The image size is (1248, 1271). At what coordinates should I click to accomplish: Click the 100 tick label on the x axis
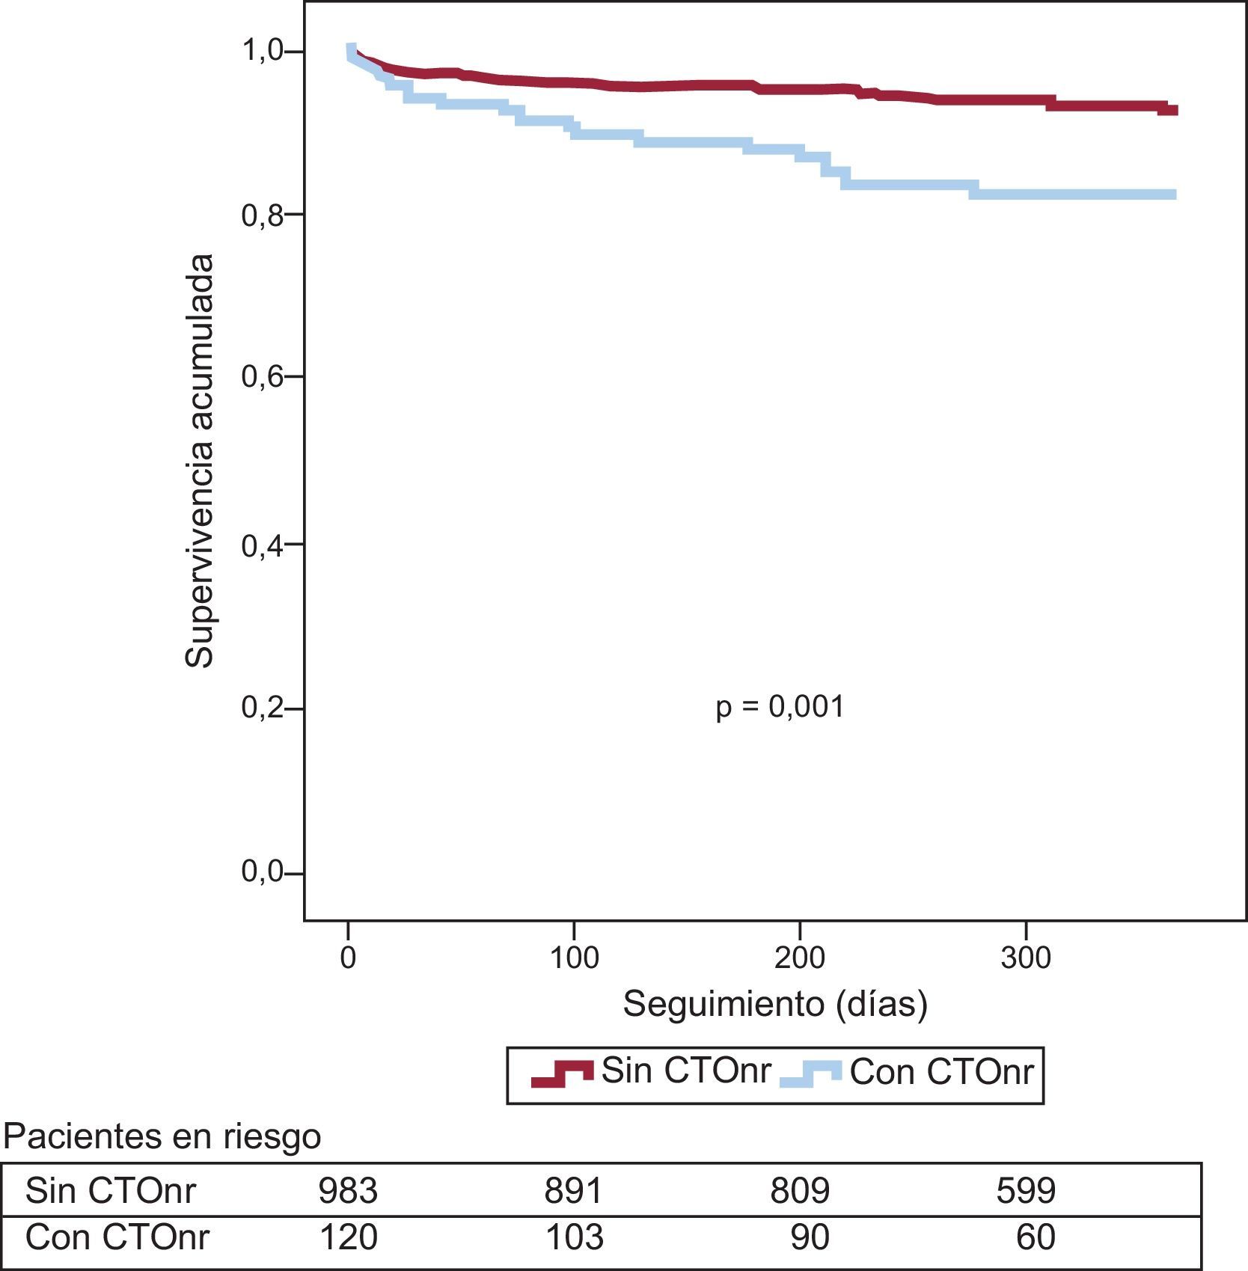coord(574,958)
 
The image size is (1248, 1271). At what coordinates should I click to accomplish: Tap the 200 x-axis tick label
coord(800,958)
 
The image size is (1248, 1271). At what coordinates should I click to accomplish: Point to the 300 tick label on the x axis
coord(1026,958)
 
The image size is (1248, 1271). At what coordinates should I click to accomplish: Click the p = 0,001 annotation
coord(780,707)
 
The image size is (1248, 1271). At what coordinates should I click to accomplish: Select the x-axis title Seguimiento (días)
coord(775,1004)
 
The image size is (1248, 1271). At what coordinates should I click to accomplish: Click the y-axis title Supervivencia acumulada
coord(200,461)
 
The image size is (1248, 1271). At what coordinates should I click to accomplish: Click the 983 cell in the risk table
coord(348,1190)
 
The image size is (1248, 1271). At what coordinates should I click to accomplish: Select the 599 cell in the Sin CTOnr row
coord(1026,1190)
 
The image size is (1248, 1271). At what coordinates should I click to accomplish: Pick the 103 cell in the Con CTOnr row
coord(574,1237)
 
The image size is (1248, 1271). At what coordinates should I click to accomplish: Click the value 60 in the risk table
coord(1036,1237)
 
